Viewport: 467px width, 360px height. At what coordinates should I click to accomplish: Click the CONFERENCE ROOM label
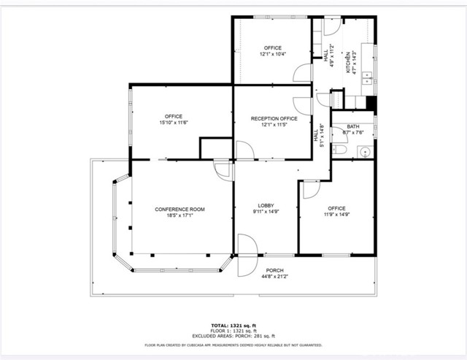click(180, 210)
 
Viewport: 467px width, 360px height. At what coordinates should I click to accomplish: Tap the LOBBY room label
click(265, 205)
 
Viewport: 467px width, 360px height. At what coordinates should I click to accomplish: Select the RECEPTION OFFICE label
click(274, 118)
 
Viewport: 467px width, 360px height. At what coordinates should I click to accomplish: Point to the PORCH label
click(274, 270)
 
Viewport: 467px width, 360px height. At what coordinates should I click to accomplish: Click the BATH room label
click(353, 126)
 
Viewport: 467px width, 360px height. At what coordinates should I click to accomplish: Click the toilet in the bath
click(339, 149)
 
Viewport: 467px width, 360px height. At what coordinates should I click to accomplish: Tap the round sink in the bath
click(364, 152)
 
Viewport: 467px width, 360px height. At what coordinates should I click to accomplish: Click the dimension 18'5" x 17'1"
click(180, 216)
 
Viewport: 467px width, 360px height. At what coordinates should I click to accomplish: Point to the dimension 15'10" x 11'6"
click(174, 123)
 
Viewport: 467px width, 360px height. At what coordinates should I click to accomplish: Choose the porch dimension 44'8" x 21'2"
click(274, 277)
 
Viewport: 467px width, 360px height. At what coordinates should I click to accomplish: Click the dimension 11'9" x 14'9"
click(337, 214)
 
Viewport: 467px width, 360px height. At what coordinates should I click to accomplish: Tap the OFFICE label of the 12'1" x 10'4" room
click(272, 48)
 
